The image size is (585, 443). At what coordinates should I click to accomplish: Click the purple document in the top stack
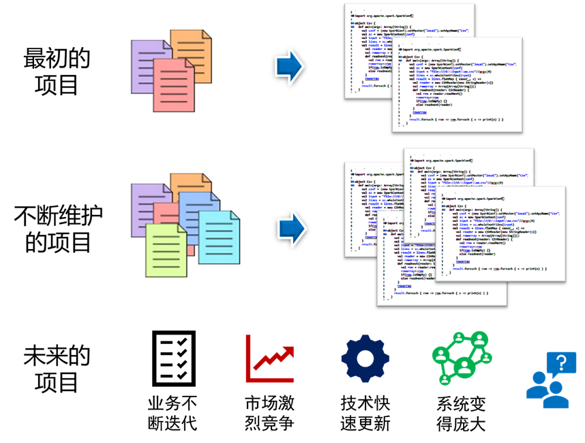(140, 65)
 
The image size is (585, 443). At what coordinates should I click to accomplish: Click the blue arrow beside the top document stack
(289, 66)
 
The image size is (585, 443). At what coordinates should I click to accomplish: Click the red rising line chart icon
(269, 359)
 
